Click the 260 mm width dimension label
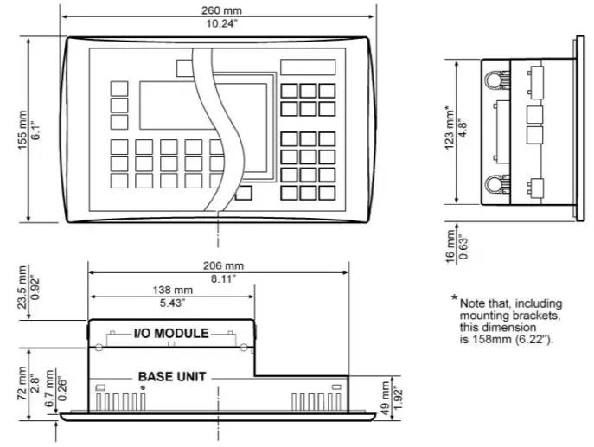coord(218,9)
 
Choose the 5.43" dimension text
coord(172,303)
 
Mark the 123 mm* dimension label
coord(448,128)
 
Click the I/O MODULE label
coord(171,334)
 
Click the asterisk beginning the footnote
coord(453,299)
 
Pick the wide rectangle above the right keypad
coord(307,67)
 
